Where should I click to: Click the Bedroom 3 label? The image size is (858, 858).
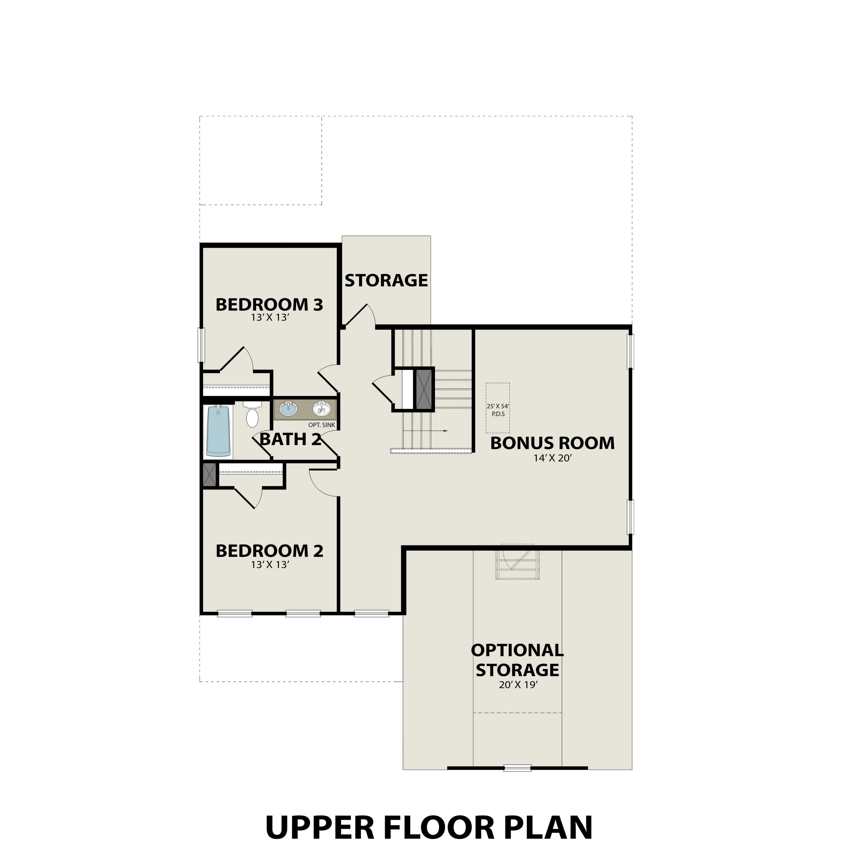point(269,305)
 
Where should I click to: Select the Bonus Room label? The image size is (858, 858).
point(552,443)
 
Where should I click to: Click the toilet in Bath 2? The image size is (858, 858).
point(252,415)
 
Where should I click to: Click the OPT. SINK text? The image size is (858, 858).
point(322,425)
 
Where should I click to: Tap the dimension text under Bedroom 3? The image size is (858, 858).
point(270,318)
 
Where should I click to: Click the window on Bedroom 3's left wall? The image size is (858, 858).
point(201,345)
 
